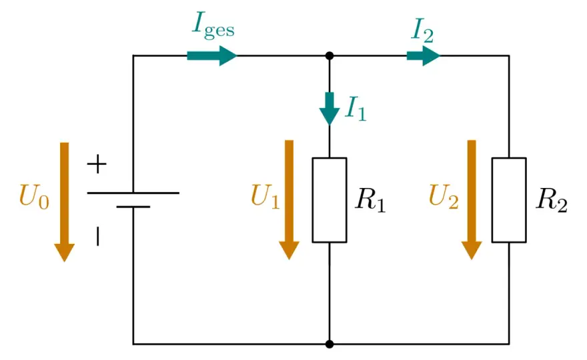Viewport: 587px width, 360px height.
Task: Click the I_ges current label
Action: point(213,26)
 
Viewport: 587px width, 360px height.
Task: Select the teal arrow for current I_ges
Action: point(212,56)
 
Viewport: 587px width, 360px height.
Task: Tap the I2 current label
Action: point(422,31)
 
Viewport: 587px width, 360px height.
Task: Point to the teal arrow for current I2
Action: point(424,56)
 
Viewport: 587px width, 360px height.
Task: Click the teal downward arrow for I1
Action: point(330,109)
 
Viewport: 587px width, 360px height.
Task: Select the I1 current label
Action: point(356,109)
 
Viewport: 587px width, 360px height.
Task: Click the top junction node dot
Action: point(330,56)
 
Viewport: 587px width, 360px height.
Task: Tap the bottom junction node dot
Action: point(330,344)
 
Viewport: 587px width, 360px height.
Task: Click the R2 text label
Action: point(552,200)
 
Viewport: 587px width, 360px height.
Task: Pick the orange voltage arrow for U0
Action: point(65,202)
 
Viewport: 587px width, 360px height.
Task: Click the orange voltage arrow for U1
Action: point(289,200)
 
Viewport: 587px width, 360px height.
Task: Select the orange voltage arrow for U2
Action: point(472,200)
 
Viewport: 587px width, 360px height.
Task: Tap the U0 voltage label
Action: point(34,197)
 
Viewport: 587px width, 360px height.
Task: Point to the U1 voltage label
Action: point(265,196)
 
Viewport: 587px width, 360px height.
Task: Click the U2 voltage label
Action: point(444,196)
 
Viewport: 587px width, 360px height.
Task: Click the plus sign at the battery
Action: point(97,164)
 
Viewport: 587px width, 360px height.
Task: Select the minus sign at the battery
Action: point(97,236)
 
